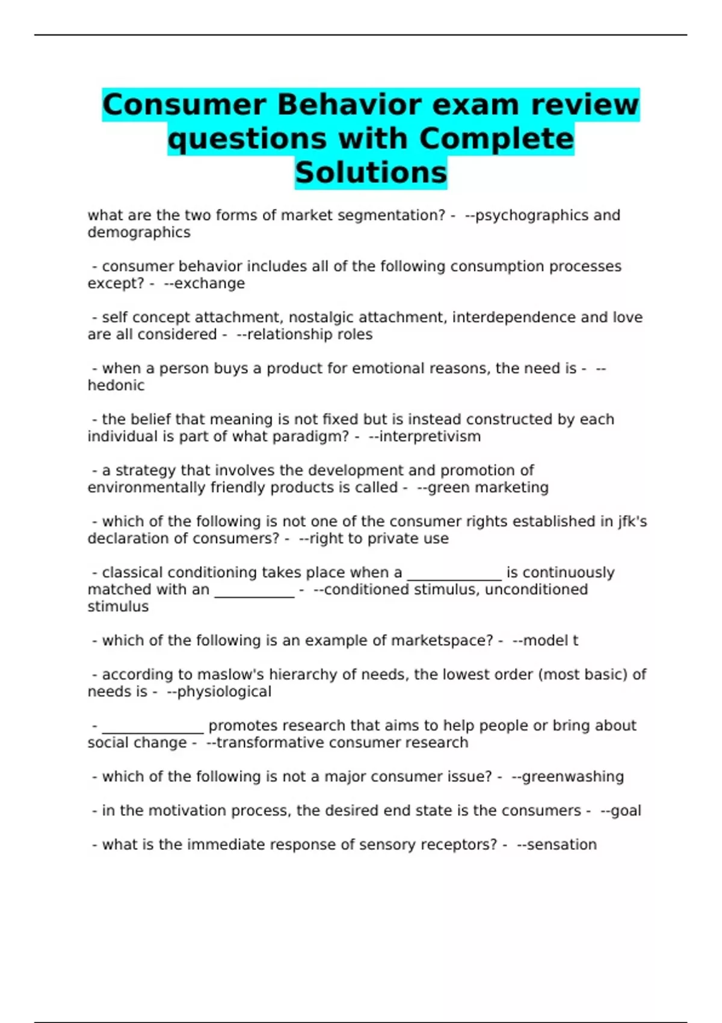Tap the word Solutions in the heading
pyautogui.click(x=371, y=173)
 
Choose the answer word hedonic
pyautogui.click(x=116, y=385)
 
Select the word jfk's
pyautogui.click(x=632, y=521)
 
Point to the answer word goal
pyautogui.click(x=626, y=811)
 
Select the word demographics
pyautogui.click(x=139, y=232)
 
